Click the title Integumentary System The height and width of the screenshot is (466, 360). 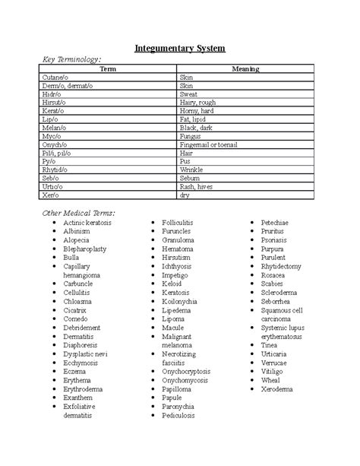[180, 49]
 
